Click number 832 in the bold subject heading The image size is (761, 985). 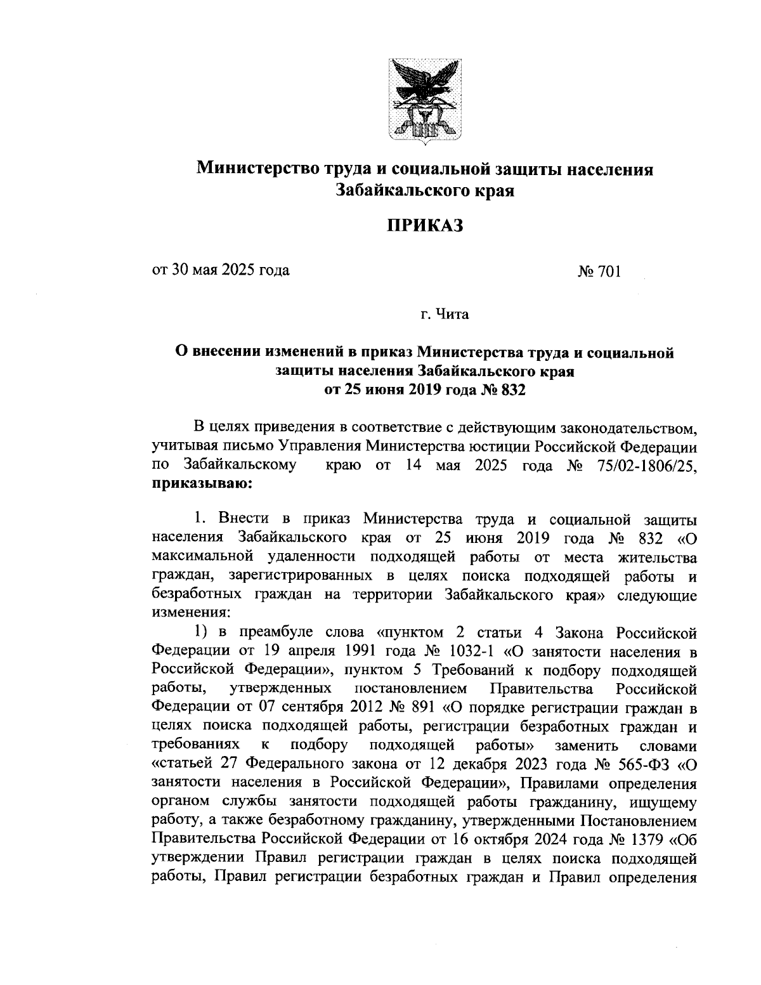(514, 389)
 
